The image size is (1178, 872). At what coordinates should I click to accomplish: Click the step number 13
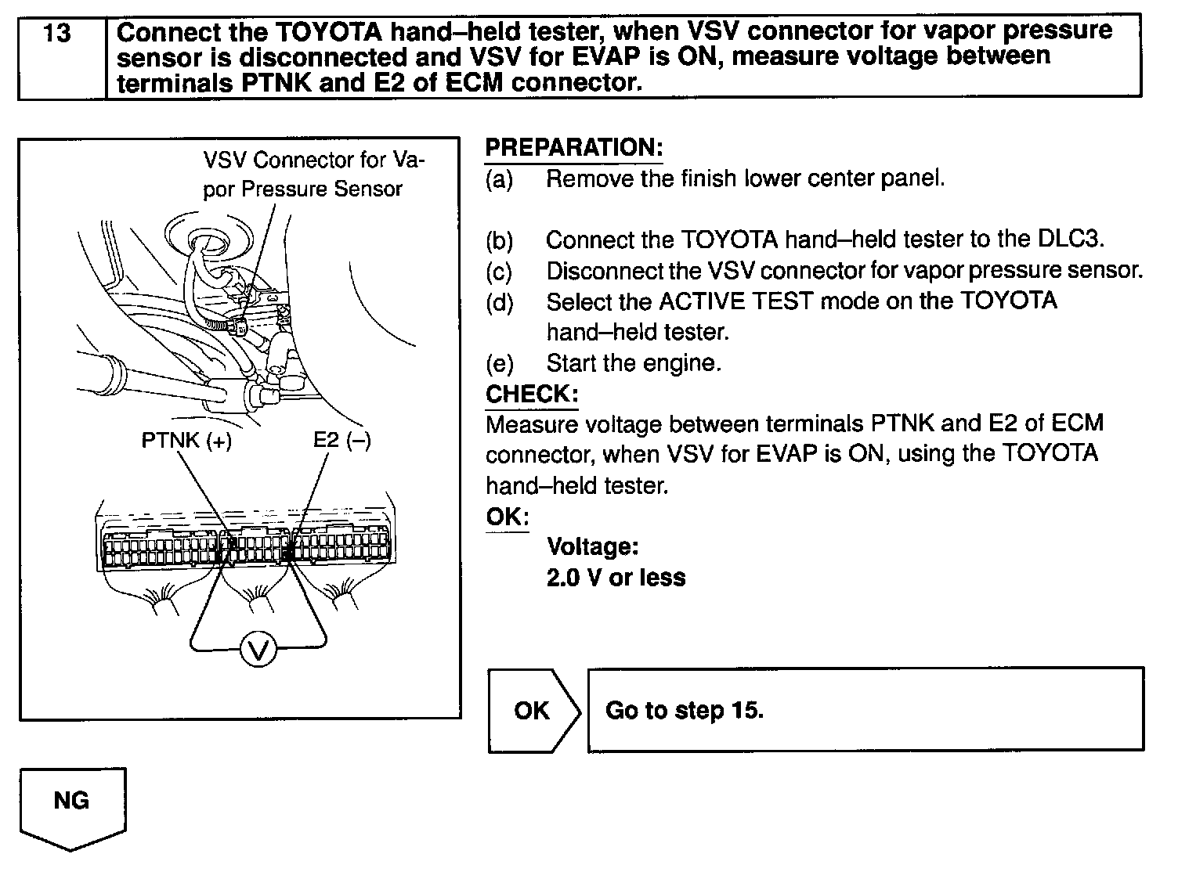point(58,34)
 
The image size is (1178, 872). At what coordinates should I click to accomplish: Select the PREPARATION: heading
point(573,147)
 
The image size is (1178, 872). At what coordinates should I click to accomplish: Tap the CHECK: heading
point(531,394)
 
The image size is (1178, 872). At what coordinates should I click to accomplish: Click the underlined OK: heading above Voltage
point(507,517)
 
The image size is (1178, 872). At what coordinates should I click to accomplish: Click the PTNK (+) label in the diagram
point(186,441)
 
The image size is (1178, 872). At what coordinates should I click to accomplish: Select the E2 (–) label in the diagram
point(341,440)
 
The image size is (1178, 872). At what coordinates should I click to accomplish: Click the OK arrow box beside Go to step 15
point(532,710)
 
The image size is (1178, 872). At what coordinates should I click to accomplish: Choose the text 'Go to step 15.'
point(684,710)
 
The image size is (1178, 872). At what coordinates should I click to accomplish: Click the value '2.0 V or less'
point(616,578)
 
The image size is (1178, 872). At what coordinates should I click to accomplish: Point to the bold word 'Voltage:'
point(593,546)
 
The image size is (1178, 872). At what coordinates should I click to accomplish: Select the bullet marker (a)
point(499,179)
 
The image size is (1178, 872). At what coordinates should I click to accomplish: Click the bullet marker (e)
point(499,363)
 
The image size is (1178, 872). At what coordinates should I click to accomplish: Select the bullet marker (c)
point(499,271)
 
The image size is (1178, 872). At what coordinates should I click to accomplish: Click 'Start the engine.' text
point(633,363)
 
